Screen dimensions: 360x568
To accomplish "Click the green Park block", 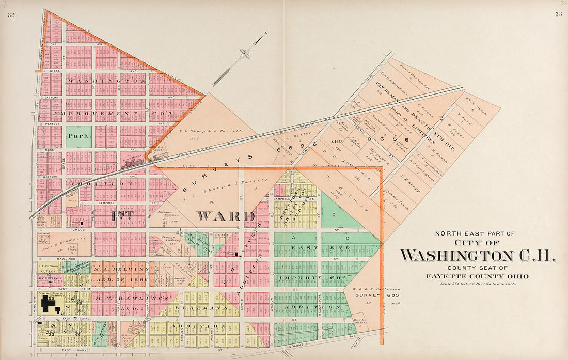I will (x=78, y=137).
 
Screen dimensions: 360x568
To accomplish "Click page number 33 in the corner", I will (x=558, y=14).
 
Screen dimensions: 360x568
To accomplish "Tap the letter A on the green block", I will (x=295, y=238).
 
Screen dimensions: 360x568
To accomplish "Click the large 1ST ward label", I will (x=122, y=215).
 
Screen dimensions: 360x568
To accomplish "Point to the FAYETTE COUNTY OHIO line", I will (x=477, y=276).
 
